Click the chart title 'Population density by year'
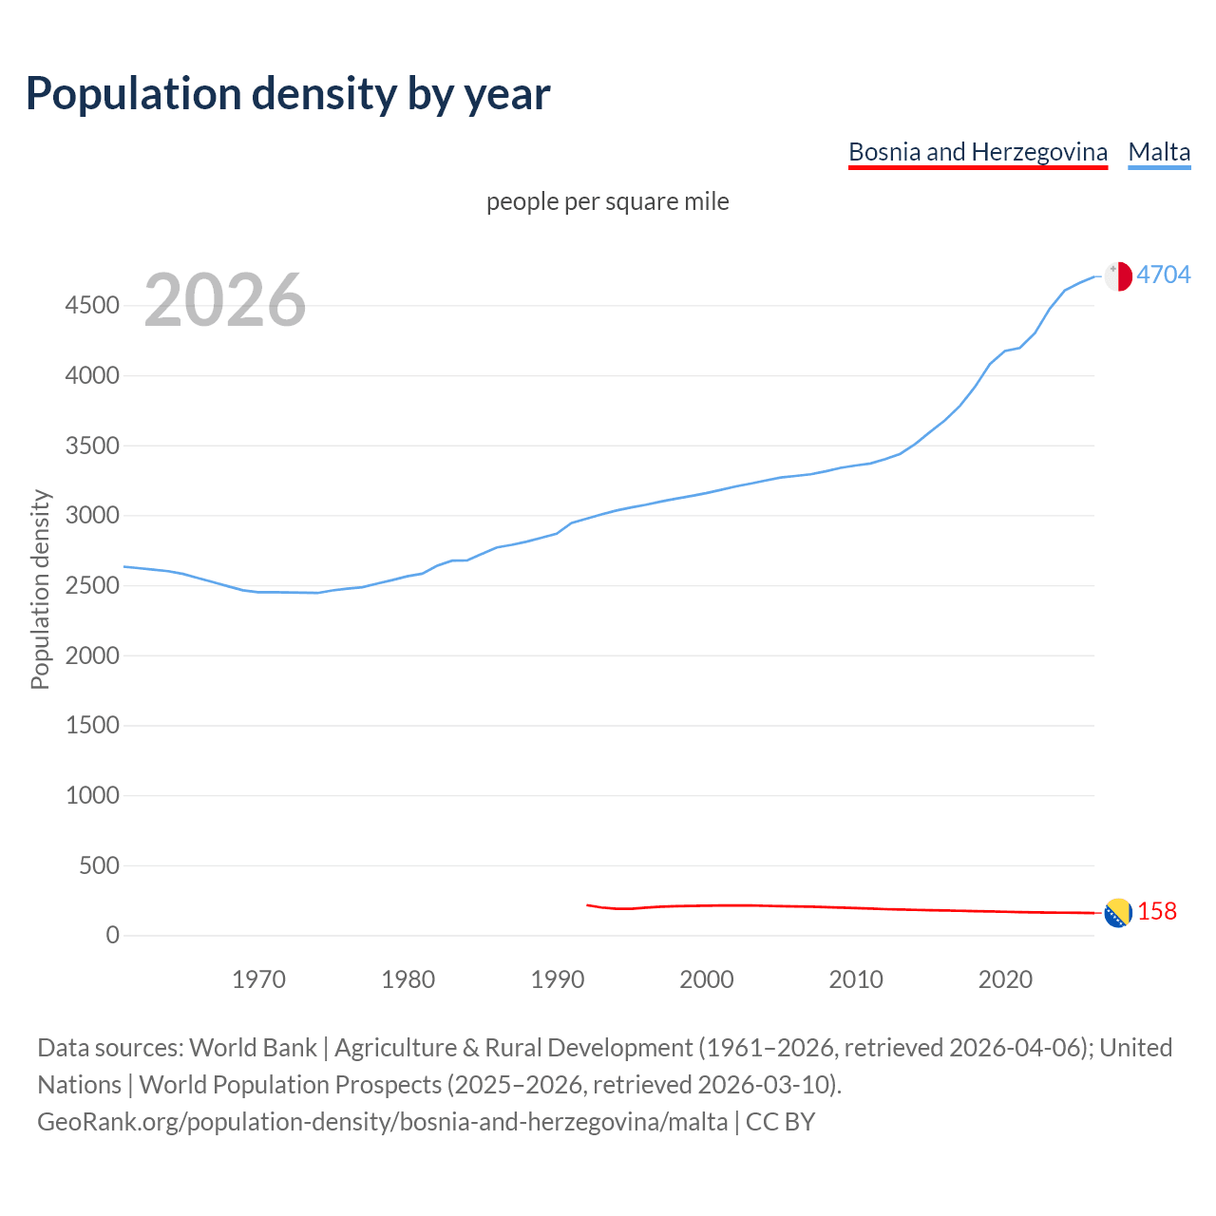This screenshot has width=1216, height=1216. click(288, 94)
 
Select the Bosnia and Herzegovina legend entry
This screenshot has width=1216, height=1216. click(978, 152)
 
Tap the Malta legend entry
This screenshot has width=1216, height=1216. click(1159, 152)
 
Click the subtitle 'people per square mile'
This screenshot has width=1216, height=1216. click(607, 202)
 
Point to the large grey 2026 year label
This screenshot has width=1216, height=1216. click(225, 300)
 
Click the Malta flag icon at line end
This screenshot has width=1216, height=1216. click(1118, 275)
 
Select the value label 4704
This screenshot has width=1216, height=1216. click(1163, 275)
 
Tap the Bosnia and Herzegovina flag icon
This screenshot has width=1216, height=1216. click(1117, 913)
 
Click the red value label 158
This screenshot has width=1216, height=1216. click(1156, 911)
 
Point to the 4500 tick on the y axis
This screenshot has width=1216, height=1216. click(92, 306)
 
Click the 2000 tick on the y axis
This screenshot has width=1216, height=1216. click(92, 655)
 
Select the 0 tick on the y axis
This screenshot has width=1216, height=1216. click(113, 936)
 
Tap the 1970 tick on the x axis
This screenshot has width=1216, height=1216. click(258, 979)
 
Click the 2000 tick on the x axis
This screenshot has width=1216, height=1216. click(707, 979)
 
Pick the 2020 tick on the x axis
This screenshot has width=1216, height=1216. click(1005, 979)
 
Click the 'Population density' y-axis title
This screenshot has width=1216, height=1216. click(40, 589)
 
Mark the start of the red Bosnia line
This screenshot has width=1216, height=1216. click(588, 905)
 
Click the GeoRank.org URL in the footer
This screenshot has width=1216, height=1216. click(382, 1122)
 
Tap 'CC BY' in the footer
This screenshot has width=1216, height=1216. click(780, 1122)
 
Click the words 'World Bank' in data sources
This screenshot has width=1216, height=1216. click(253, 1048)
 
